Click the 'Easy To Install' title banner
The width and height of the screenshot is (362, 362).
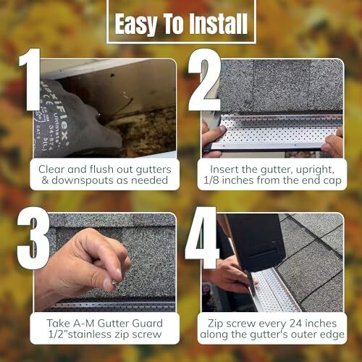pyautogui.click(x=181, y=23)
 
